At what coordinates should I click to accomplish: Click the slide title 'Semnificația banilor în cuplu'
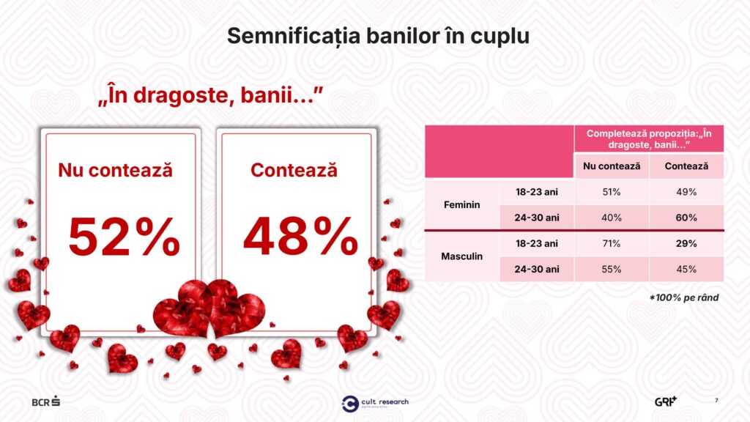[x=378, y=36]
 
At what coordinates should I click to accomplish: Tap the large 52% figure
[x=124, y=237]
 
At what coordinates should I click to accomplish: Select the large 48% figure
[x=300, y=237]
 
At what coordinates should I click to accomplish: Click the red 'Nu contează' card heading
[x=115, y=170]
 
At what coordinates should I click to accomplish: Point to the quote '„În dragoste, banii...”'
[x=210, y=95]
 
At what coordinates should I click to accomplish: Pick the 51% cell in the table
[x=612, y=192]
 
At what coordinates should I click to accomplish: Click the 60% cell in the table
[x=686, y=218]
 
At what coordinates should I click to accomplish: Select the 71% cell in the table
[x=612, y=243]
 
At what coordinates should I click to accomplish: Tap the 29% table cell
[x=686, y=243]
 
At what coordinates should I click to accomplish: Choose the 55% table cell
[x=612, y=270]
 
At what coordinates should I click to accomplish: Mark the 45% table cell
[x=686, y=270]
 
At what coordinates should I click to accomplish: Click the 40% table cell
[x=612, y=218]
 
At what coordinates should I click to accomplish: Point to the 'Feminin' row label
[x=461, y=205]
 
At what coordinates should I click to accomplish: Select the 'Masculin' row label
[x=461, y=256]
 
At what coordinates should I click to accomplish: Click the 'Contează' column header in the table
[x=686, y=166]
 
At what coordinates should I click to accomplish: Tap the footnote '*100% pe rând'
[x=684, y=297]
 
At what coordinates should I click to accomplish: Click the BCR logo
[x=46, y=401]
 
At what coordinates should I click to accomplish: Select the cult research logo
[x=375, y=404]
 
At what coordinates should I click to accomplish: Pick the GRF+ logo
[x=666, y=401]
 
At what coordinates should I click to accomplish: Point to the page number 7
[x=716, y=401]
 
